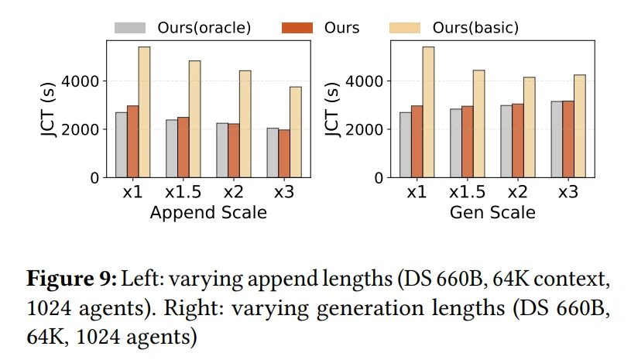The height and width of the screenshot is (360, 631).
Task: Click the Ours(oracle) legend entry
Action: [183, 28]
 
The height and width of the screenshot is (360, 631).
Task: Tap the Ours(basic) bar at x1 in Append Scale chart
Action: [144, 112]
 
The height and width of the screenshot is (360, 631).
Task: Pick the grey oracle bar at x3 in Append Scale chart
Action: [273, 153]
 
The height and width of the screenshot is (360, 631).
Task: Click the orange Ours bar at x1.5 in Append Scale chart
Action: [183, 147]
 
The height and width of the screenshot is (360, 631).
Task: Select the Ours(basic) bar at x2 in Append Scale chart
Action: [245, 124]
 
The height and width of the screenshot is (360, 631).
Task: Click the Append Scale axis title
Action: [208, 212]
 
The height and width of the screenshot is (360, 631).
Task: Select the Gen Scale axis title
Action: [492, 212]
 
